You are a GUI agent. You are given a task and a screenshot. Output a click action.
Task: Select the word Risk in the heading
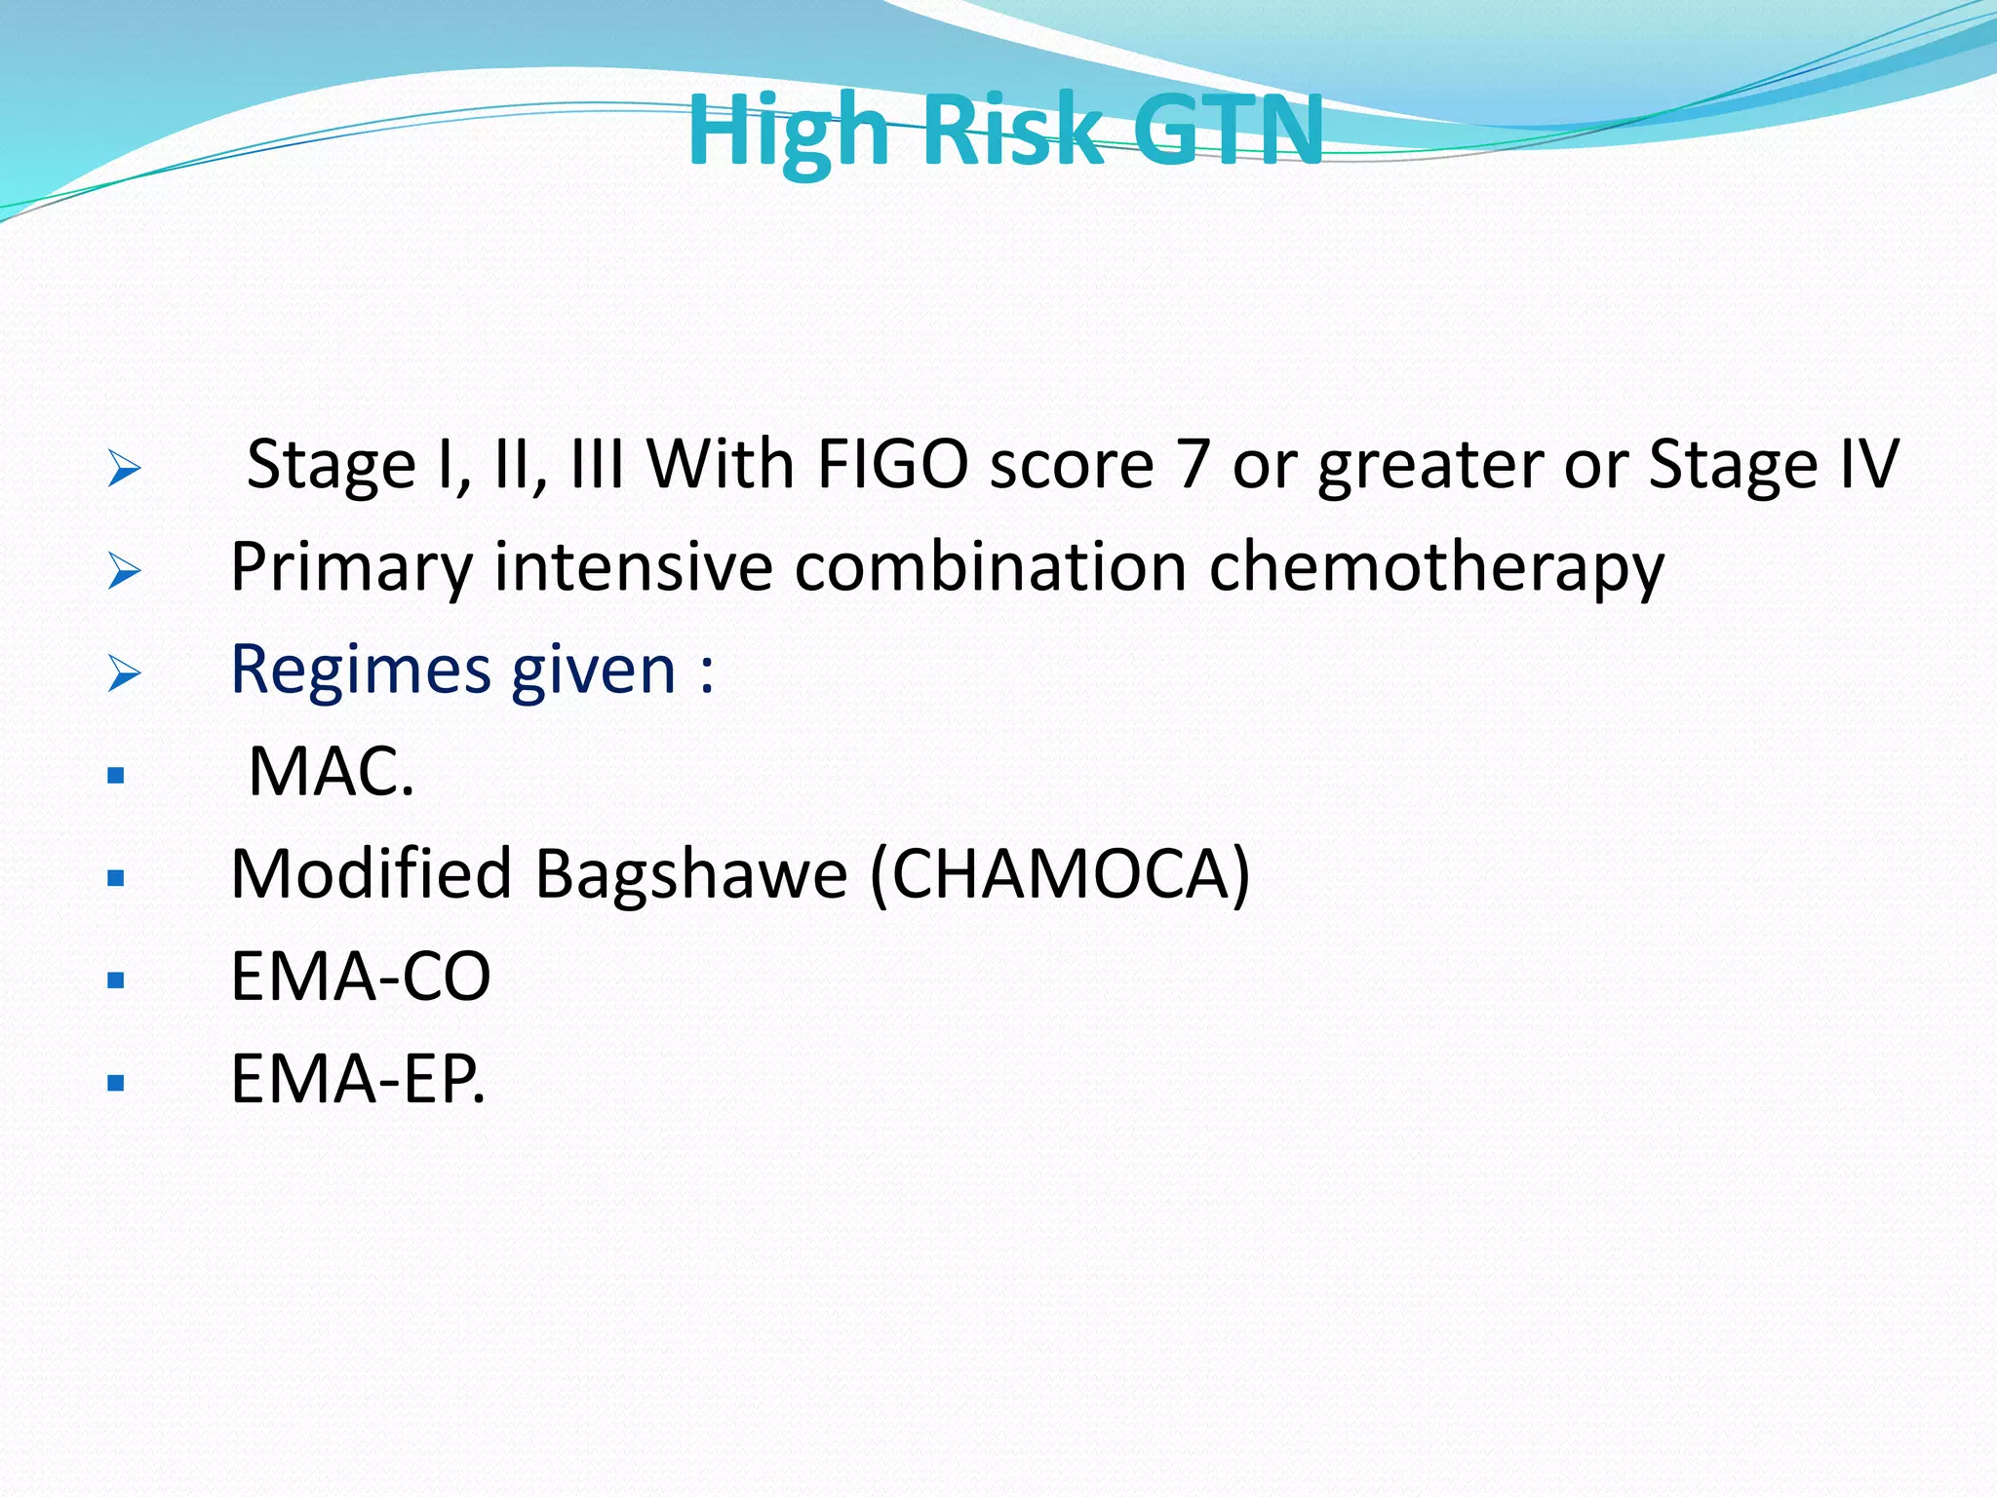click(1013, 130)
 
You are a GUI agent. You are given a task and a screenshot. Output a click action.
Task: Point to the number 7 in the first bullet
click(1194, 464)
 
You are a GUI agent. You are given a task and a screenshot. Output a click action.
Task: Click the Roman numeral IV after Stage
click(1868, 464)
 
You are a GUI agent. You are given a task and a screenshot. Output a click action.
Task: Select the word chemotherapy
click(1436, 568)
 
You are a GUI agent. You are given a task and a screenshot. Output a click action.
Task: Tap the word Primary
click(352, 568)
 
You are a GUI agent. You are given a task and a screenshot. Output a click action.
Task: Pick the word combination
click(990, 566)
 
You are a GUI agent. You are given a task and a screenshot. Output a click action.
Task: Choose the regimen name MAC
click(331, 772)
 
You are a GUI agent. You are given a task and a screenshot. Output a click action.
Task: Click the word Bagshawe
click(691, 873)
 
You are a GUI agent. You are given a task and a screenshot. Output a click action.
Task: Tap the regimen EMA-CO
click(361, 977)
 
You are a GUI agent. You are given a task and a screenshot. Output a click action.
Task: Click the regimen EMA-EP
click(357, 1079)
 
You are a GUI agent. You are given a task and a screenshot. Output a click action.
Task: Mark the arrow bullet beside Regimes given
click(124, 672)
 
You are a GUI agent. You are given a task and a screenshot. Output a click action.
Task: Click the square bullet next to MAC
click(116, 776)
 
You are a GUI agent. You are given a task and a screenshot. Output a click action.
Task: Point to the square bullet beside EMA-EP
click(116, 1082)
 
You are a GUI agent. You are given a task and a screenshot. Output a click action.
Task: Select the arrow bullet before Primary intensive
click(124, 570)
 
